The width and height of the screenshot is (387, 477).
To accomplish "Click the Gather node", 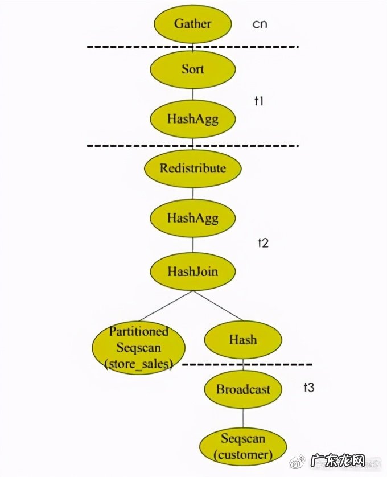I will click(x=193, y=24).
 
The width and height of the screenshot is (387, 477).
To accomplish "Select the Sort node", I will click(x=193, y=69).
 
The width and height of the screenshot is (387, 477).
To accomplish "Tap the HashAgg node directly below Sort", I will click(x=193, y=118).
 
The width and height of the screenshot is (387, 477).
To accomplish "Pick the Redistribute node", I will click(x=193, y=168).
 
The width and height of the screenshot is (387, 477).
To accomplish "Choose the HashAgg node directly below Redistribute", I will click(x=193, y=217).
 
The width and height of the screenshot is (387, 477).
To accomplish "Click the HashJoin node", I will click(x=193, y=272).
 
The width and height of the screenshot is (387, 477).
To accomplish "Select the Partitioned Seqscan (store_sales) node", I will click(x=139, y=348).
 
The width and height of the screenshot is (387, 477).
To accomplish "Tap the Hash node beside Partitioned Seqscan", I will click(x=243, y=340).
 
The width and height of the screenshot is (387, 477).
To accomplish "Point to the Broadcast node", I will click(x=243, y=389).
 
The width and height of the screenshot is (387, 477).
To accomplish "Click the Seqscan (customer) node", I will click(x=243, y=447).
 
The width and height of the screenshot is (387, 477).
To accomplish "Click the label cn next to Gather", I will click(x=260, y=24).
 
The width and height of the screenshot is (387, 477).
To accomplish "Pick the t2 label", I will click(x=263, y=242).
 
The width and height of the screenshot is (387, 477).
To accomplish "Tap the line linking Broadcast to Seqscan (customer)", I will click(x=243, y=418).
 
